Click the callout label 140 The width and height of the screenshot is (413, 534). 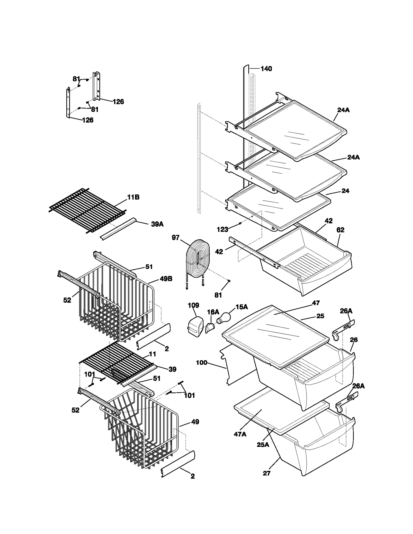pyautogui.click(x=266, y=69)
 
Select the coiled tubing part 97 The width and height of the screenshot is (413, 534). pyautogui.click(x=198, y=259)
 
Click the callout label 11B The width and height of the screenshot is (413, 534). pyautogui.click(x=133, y=197)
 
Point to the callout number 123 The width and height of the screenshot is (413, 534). pyautogui.click(x=223, y=229)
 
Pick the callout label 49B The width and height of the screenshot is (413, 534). pyautogui.click(x=166, y=279)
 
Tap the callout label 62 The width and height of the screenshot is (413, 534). pyautogui.click(x=340, y=230)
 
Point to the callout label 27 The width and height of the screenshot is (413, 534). pyautogui.click(x=267, y=473)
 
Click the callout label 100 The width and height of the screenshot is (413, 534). pyautogui.click(x=202, y=363)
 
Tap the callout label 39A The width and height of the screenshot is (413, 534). pyautogui.click(x=157, y=224)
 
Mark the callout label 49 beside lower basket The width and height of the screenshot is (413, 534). pyautogui.click(x=195, y=422)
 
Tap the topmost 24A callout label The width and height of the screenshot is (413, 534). pyautogui.click(x=343, y=110)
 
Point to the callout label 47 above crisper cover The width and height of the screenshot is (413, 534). pyautogui.click(x=316, y=303)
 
